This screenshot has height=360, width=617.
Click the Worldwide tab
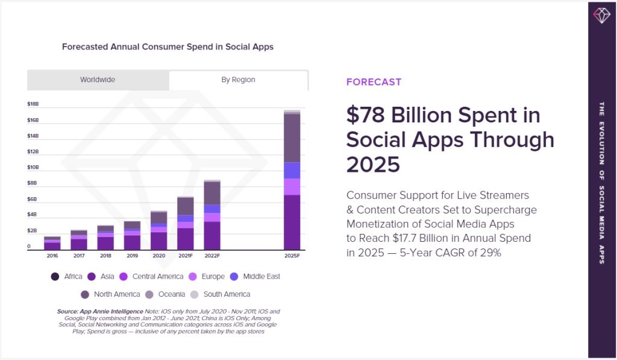tap(98, 80)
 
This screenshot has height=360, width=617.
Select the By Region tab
tap(238, 80)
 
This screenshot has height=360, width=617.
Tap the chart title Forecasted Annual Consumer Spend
tap(168, 47)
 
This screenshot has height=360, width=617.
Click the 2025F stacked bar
tap(292, 180)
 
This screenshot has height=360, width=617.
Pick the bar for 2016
tap(52, 244)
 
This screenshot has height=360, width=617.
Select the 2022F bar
tap(212, 215)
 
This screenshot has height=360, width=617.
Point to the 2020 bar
tap(159, 230)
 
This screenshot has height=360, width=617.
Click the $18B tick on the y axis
tap(33, 104)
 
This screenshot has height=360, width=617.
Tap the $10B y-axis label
tap(33, 168)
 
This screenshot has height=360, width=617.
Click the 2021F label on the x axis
tap(186, 256)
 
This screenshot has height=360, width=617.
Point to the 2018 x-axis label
tap(105, 256)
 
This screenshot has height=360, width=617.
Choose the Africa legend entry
tap(66, 277)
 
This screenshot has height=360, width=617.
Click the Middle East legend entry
tap(255, 277)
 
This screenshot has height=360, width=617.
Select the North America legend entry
tap(110, 294)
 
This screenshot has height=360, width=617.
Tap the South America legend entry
tap(220, 294)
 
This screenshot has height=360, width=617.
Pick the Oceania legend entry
tap(165, 294)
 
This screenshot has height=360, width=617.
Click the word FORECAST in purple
tap(374, 82)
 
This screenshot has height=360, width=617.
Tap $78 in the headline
tap(366, 115)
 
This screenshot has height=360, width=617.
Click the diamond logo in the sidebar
tap(602, 15)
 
